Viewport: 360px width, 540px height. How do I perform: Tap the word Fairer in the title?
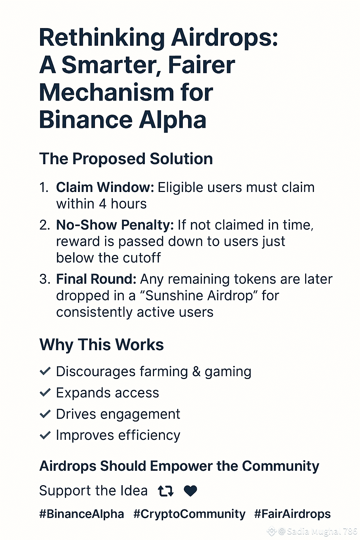pyautogui.click(x=202, y=65)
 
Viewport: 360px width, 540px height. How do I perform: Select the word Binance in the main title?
pyautogui.click(x=86, y=120)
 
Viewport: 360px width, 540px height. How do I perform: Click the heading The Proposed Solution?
pyautogui.click(x=126, y=159)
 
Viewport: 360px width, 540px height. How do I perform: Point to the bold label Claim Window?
pyautogui.click(x=105, y=187)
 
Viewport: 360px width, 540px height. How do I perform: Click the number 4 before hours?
pyautogui.click(x=103, y=204)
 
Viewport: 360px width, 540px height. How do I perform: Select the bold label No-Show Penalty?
pyautogui.click(x=115, y=225)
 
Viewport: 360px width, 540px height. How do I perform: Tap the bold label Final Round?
pyautogui.click(x=96, y=279)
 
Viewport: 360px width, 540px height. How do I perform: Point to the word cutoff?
pyautogui.click(x=142, y=258)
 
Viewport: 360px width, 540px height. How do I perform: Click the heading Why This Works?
pyautogui.click(x=102, y=345)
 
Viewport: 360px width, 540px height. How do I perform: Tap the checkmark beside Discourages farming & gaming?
pyautogui.click(x=45, y=371)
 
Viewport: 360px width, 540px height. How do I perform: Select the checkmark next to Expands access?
pyautogui.click(x=45, y=392)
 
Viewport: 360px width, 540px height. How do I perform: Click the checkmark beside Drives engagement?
pyautogui.click(x=45, y=414)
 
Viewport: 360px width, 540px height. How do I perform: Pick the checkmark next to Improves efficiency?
pyautogui.click(x=45, y=435)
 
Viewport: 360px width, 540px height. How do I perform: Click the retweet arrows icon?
pyautogui.click(x=166, y=491)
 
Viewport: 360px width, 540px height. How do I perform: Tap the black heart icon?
pyautogui.click(x=191, y=491)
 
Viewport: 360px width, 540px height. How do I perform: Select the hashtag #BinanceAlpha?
pyautogui.click(x=82, y=514)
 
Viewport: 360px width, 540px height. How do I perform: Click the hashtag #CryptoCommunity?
pyautogui.click(x=189, y=514)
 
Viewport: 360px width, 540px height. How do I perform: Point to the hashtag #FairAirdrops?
pyautogui.click(x=292, y=514)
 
